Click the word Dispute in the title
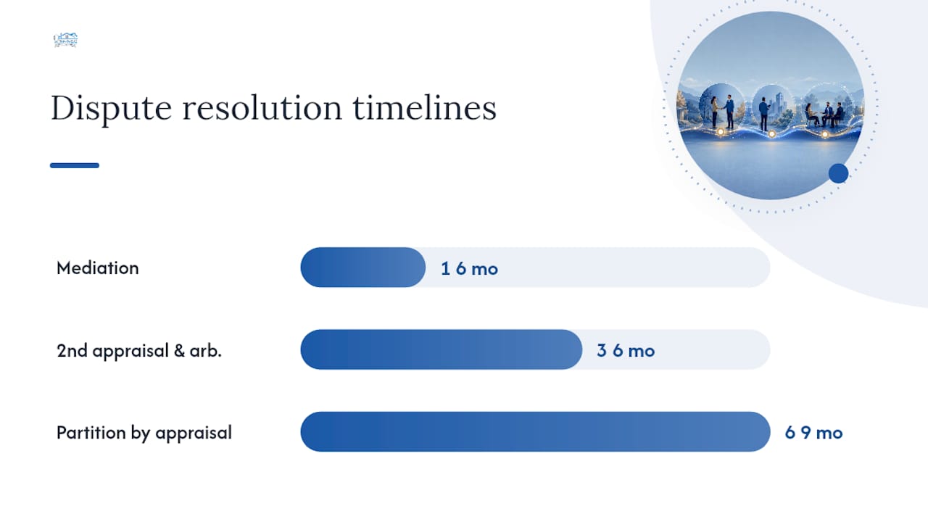click(x=111, y=108)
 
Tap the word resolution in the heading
click(x=262, y=108)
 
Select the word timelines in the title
click(x=425, y=108)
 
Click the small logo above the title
click(x=65, y=40)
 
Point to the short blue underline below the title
click(x=75, y=165)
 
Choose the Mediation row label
click(x=98, y=268)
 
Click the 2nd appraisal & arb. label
click(x=139, y=351)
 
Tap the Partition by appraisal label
click(x=144, y=433)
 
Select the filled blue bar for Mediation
click(x=363, y=268)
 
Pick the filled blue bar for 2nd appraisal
click(x=442, y=349)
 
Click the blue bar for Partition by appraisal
click(x=535, y=431)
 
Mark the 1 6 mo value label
click(x=469, y=269)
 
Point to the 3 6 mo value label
click(x=626, y=351)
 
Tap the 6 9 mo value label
click(x=814, y=433)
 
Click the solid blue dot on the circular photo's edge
click(x=839, y=173)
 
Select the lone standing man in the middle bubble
click(x=763, y=115)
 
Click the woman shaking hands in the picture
click(x=714, y=112)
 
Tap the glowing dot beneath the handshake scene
click(x=721, y=132)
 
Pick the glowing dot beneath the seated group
click(x=825, y=134)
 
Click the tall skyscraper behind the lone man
click(x=779, y=103)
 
